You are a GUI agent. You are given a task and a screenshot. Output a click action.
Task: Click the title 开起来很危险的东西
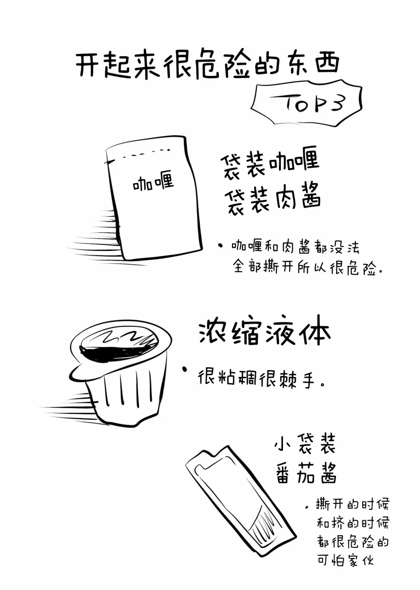coord(207,66)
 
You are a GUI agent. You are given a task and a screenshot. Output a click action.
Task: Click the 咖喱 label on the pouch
coord(153,182)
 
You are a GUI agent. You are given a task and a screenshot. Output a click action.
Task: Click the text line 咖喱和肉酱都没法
coord(295,247)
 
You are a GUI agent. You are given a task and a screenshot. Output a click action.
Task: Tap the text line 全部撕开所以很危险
coord(307,267)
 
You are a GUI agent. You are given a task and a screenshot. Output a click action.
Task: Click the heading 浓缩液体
coord(264,333)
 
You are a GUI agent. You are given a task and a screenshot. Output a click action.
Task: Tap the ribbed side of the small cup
coord(127,395)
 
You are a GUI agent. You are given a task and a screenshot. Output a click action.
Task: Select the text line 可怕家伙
coord(345,561)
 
